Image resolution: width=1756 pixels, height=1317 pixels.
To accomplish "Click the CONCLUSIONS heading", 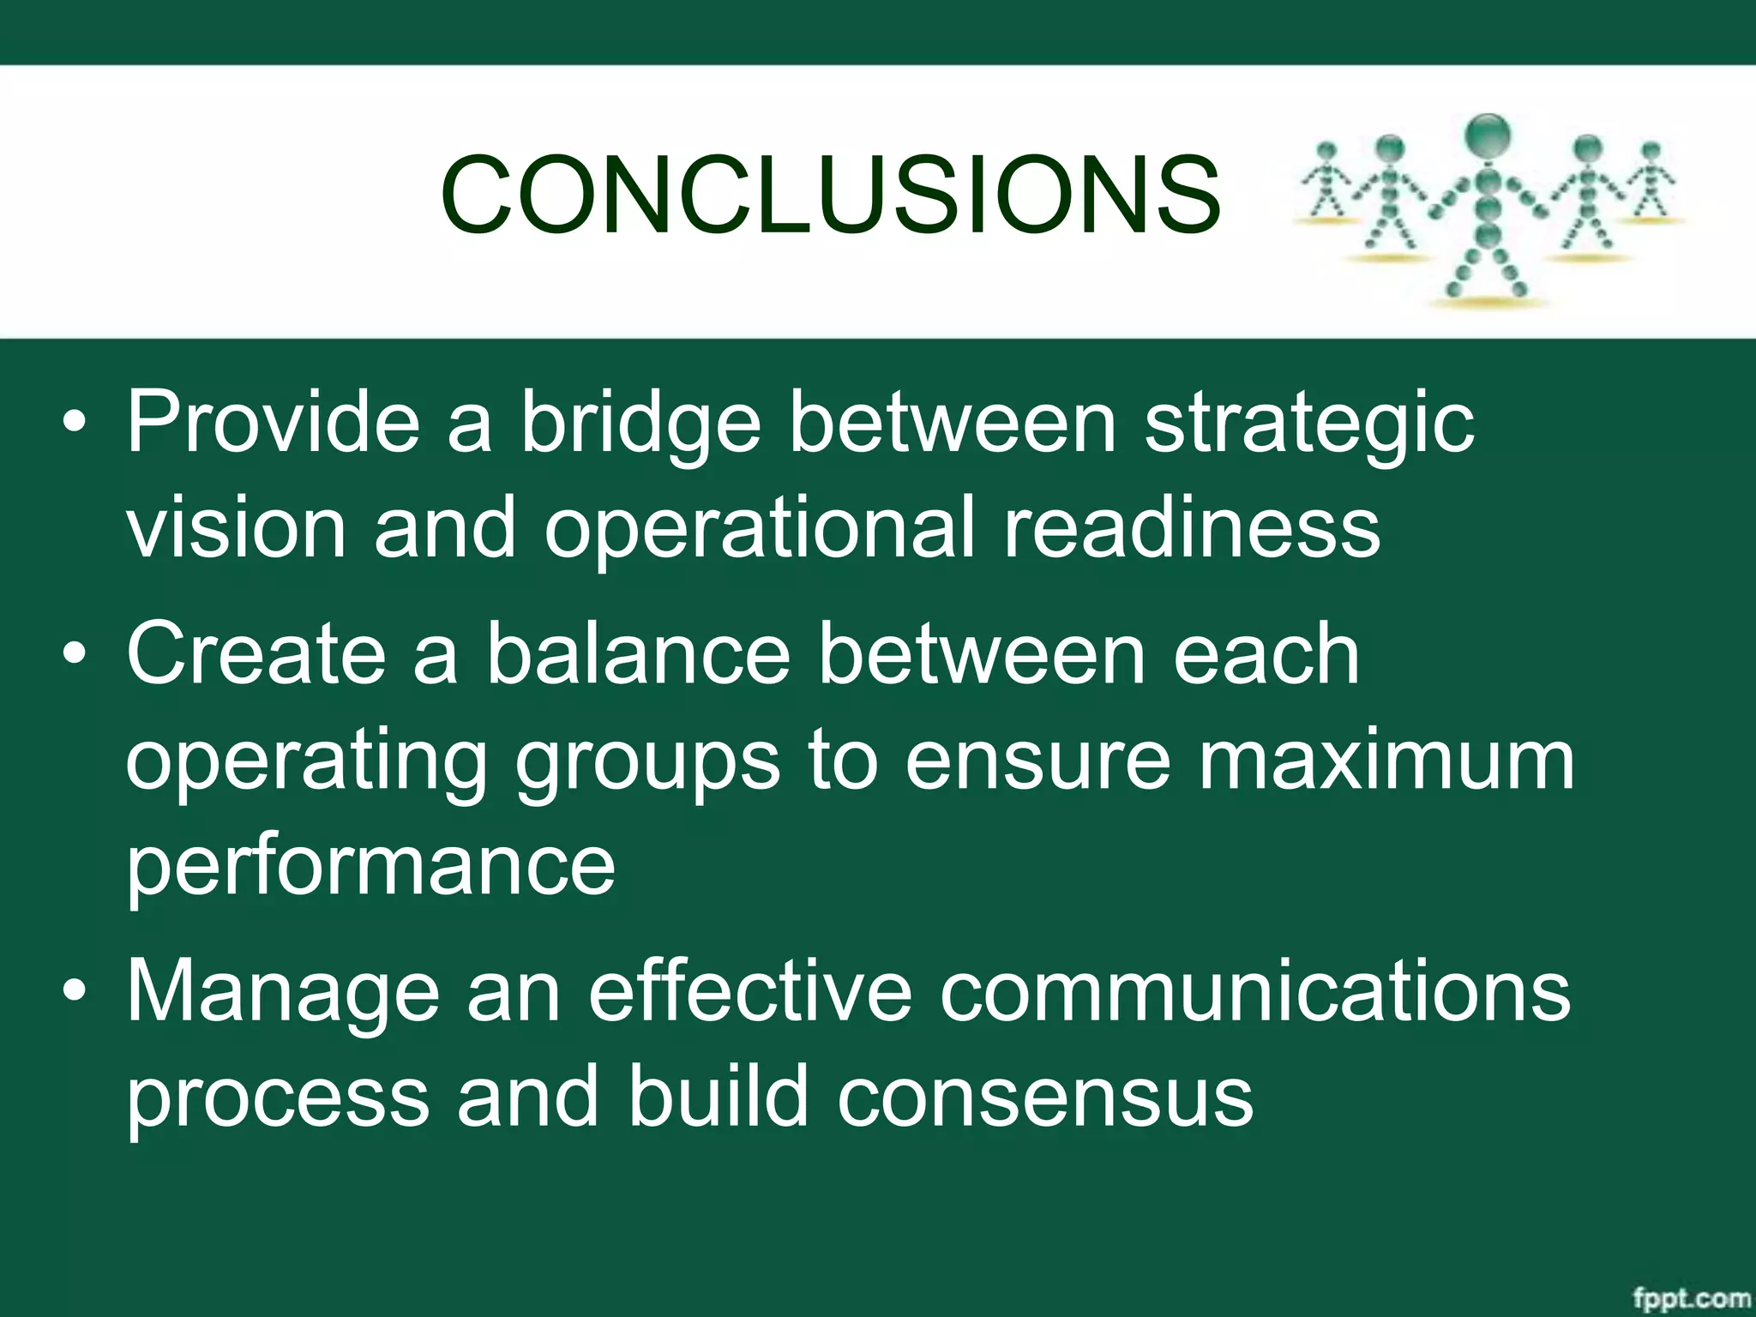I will (830, 195).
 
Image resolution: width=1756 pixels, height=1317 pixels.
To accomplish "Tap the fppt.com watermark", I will (1690, 1298).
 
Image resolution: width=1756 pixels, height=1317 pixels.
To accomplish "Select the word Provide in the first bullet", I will (273, 422).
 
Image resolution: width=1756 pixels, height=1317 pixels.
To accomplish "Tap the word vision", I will (236, 527).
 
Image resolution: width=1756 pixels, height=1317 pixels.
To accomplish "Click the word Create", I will (256, 654).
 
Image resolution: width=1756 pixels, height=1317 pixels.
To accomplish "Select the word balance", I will (639, 654).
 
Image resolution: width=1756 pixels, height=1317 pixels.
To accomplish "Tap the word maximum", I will (1386, 760).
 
